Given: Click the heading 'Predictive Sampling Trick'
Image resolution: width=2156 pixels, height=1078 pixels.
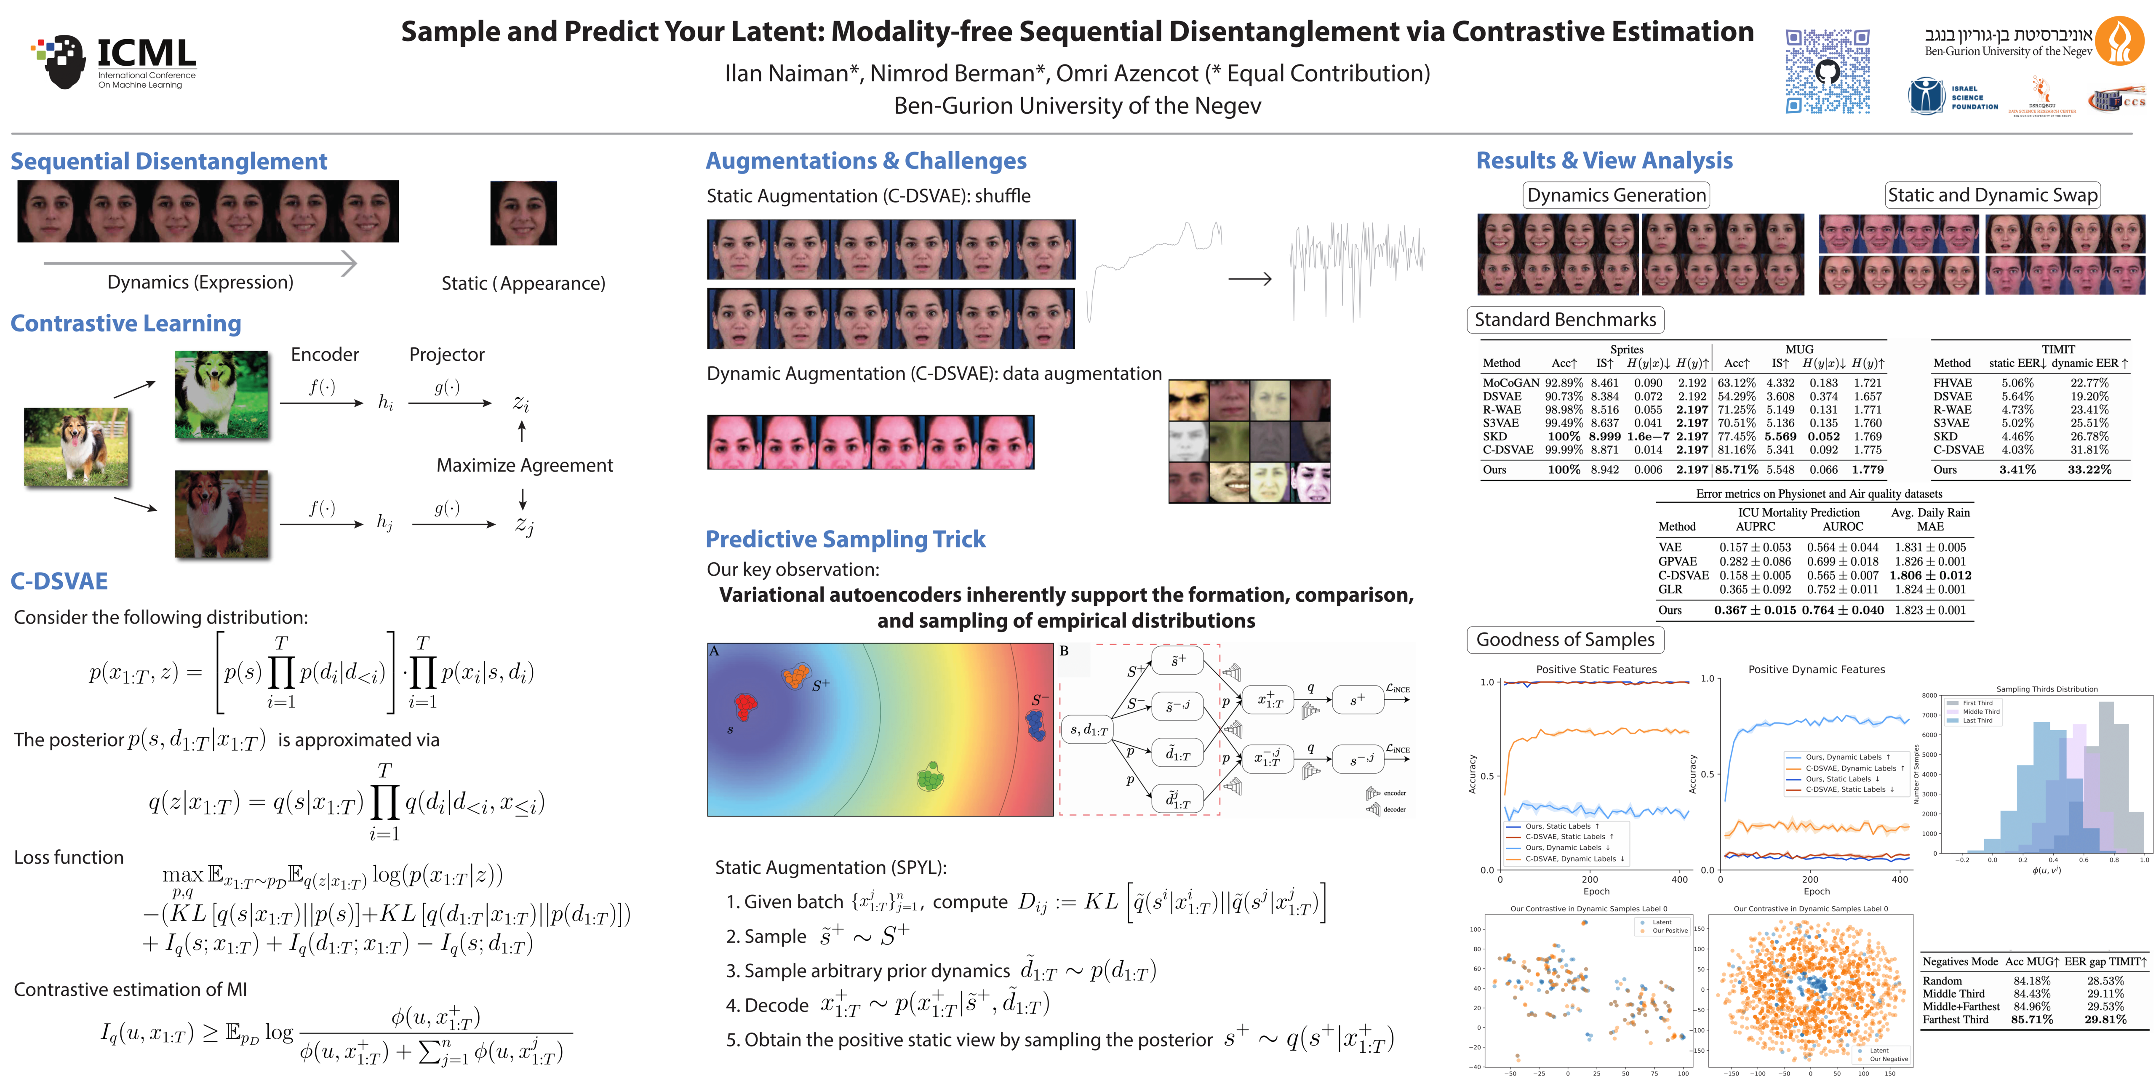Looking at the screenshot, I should pos(845,539).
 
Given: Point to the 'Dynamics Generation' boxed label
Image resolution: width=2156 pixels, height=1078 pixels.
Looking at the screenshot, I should pos(1615,195).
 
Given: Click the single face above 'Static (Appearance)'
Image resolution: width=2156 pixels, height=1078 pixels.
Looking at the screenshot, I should pos(523,213).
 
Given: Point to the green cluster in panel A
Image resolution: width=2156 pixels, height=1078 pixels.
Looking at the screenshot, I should pos(930,776).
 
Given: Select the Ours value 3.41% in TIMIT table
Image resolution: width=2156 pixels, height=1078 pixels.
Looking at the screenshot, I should pos(2017,470).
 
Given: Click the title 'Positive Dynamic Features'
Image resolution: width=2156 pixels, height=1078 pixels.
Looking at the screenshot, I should pos(1816,670).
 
